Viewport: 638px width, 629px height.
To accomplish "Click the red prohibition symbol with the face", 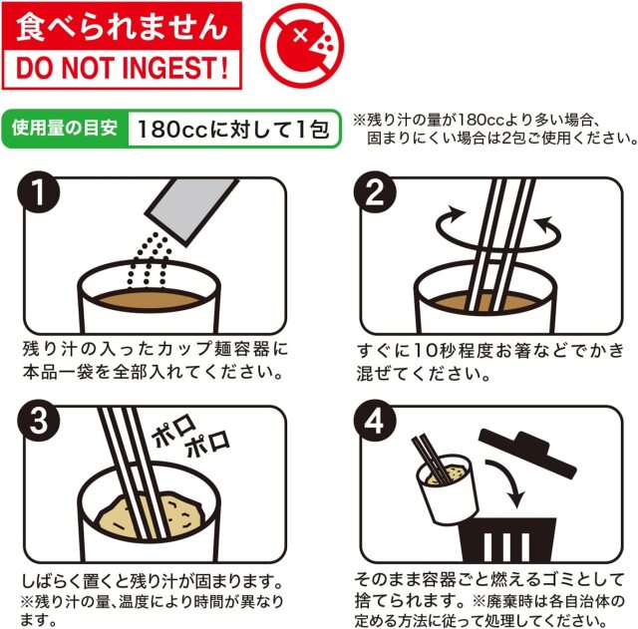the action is tap(302, 45).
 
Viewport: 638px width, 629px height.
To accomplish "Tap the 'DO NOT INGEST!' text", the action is tap(122, 68).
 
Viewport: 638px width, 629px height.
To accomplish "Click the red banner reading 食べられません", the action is tap(122, 26).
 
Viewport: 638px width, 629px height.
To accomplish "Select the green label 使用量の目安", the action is tap(65, 129).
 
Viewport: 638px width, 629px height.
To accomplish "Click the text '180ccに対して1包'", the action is tap(233, 129).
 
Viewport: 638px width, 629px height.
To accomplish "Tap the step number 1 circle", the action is tap(39, 192).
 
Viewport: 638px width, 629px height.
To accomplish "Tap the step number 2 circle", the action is tap(375, 192).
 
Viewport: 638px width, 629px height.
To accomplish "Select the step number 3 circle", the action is tap(39, 421).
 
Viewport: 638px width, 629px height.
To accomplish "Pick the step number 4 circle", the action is tap(375, 421).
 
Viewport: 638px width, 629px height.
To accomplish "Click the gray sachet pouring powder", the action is tap(192, 211).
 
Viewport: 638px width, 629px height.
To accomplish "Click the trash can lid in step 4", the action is tap(527, 452).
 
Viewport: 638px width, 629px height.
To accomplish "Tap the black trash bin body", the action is tap(507, 539).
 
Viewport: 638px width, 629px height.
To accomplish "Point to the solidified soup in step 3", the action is tap(150, 513).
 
